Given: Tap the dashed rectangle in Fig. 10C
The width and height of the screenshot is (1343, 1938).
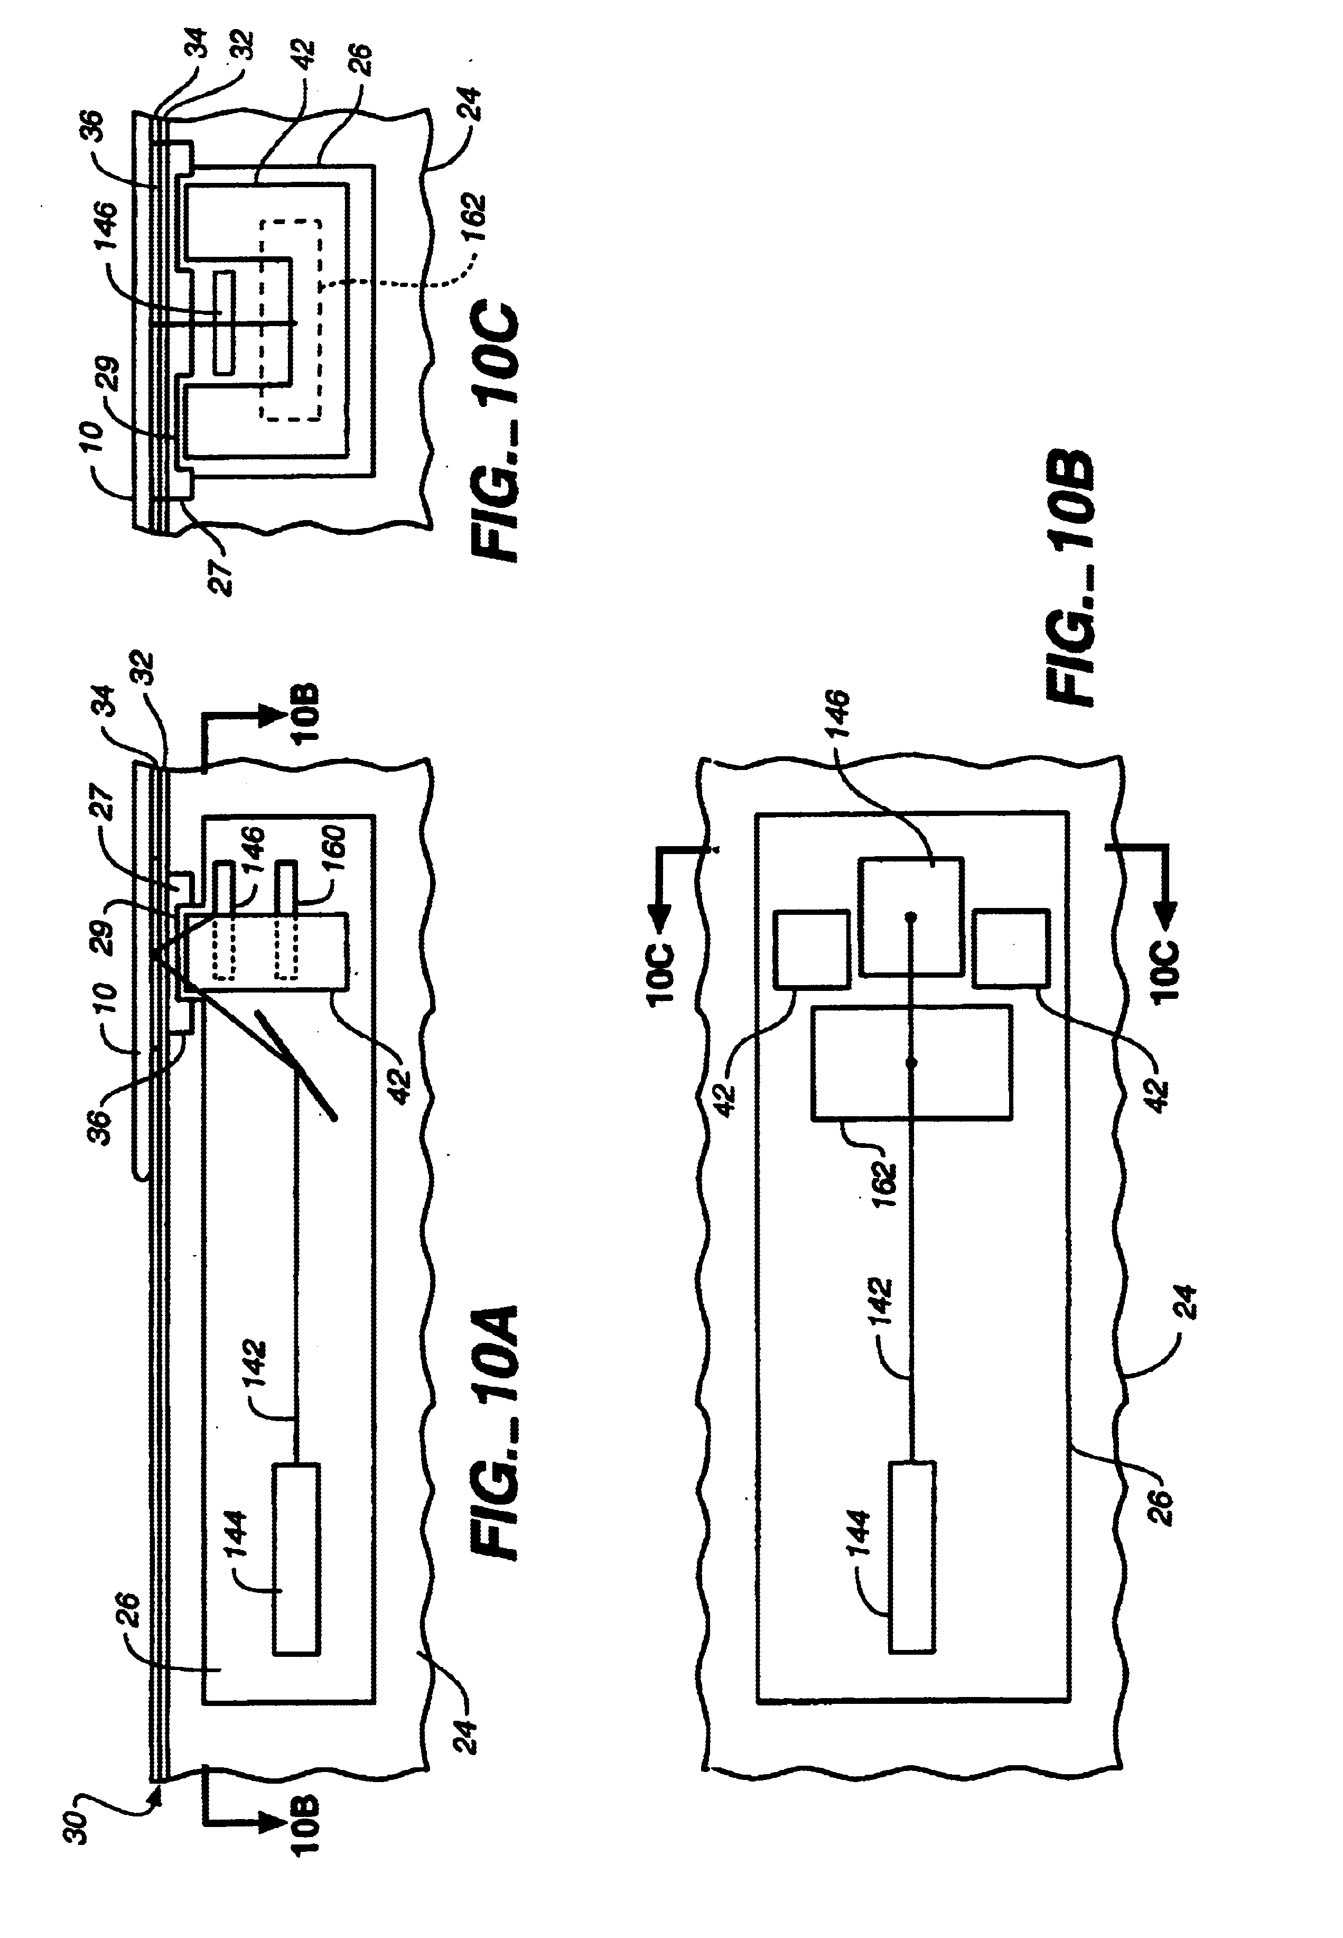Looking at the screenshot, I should tap(290, 320).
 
